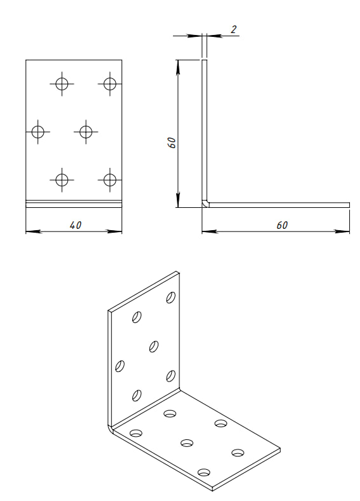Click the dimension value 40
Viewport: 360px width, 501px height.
(x=76, y=225)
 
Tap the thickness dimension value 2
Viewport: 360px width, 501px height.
(x=233, y=30)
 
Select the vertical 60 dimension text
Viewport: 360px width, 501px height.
(x=172, y=142)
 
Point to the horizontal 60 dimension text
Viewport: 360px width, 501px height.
(x=282, y=225)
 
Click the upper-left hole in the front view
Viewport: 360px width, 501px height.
(x=62, y=84)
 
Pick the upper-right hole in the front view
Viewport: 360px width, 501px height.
(x=110, y=84)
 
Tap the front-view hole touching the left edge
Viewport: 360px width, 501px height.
(x=38, y=132)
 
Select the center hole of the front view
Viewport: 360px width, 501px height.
(x=86, y=132)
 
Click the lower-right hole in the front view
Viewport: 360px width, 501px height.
(x=110, y=180)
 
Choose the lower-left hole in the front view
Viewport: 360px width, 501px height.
(x=62, y=180)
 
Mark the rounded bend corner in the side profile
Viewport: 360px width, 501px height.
(x=204, y=205)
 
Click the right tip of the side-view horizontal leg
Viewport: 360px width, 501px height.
(x=349, y=205)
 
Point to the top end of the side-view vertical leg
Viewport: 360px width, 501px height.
(x=204, y=60)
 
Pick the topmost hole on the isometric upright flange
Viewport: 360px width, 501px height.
(x=170, y=297)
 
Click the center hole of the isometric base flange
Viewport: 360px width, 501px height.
(x=187, y=443)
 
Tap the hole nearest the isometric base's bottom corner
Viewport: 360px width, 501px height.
(x=204, y=472)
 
